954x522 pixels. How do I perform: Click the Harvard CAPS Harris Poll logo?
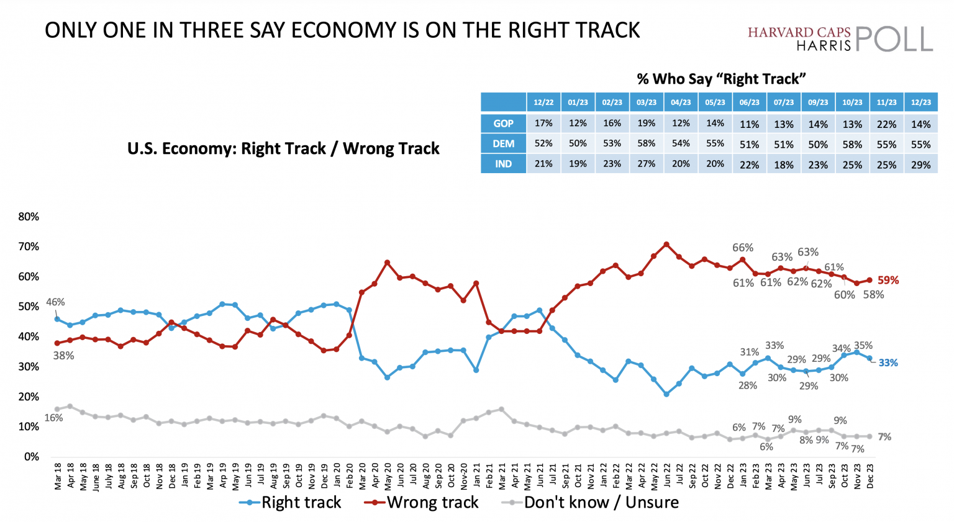click(840, 38)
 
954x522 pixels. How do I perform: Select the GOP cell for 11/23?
click(886, 124)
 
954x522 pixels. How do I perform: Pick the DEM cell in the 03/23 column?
click(646, 144)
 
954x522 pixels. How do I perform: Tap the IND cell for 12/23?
click(920, 164)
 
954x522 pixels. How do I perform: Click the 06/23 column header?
click(749, 102)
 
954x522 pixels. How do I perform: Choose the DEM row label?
click(503, 144)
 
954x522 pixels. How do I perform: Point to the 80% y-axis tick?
click(29, 217)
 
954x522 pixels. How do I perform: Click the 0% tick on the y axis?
click(31, 457)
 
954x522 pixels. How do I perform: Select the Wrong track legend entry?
click(422, 502)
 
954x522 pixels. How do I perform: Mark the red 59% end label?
click(888, 281)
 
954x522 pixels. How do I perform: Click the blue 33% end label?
click(888, 363)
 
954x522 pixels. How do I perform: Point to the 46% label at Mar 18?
click(55, 302)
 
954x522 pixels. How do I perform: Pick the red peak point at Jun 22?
click(666, 245)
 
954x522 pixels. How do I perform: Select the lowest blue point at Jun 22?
click(666, 394)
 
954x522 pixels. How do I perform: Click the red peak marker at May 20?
click(388, 263)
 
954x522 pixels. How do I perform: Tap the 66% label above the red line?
click(742, 248)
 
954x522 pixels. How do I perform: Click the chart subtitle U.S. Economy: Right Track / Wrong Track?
click(283, 149)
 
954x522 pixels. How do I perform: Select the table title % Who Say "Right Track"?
click(721, 79)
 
